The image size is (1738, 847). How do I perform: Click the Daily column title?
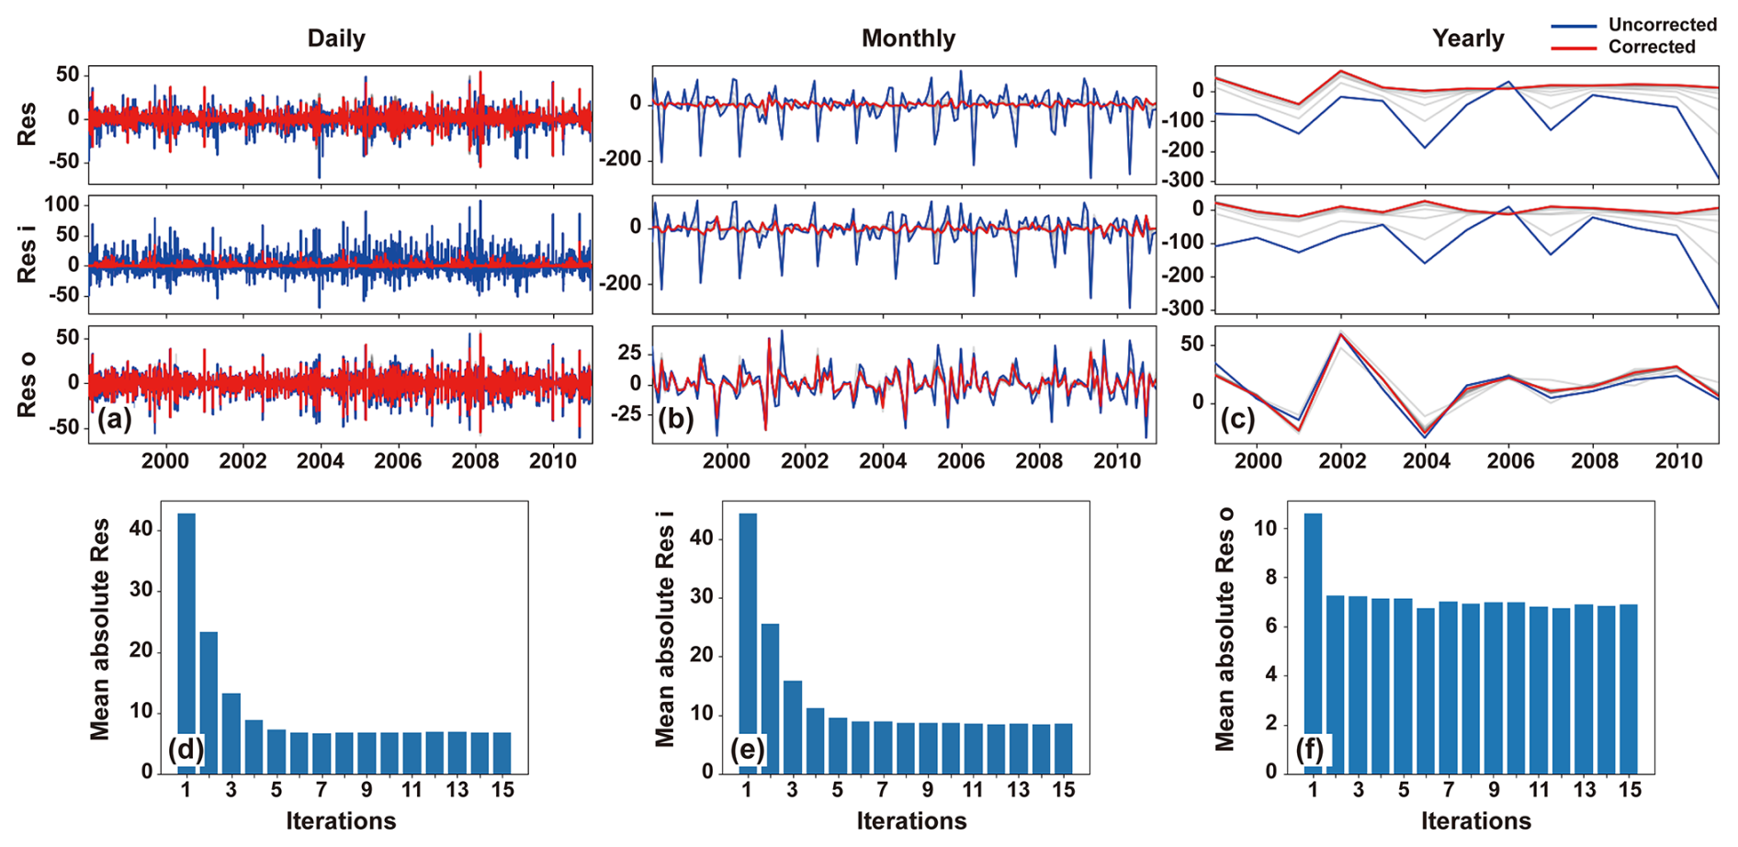tap(336, 39)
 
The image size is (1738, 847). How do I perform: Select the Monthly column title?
tap(908, 39)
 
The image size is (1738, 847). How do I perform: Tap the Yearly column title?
tap(1468, 39)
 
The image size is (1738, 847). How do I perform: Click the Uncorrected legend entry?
tap(1662, 25)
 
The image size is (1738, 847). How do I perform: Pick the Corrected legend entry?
tap(1651, 47)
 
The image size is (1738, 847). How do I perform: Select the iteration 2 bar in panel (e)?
tap(770, 698)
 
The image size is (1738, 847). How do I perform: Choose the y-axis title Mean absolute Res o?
tap(1225, 629)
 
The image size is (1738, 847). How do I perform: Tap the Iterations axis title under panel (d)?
tap(341, 820)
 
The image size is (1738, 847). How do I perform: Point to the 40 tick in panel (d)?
tap(141, 529)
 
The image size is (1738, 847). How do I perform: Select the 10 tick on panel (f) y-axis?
tap(1265, 528)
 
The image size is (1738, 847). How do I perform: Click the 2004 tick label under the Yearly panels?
tap(1427, 460)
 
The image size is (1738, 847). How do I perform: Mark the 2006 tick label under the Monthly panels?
tap(961, 460)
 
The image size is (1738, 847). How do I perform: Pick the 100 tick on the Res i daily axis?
tap(62, 204)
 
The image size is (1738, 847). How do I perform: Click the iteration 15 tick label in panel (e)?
tap(1063, 790)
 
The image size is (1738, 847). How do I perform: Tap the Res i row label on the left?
tap(28, 260)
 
